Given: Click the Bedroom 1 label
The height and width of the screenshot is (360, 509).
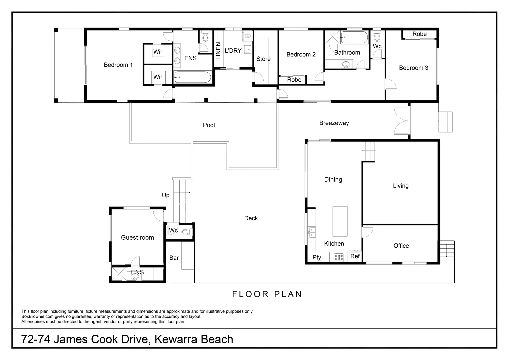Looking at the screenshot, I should click(118, 65).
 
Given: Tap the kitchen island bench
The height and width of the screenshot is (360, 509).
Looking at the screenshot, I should click(340, 221).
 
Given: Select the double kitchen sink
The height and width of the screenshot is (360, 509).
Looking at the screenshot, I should click(312, 232).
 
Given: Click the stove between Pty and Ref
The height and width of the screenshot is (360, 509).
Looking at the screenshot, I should click(339, 257).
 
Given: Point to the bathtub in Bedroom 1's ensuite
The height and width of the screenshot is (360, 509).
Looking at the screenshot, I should click(192, 78).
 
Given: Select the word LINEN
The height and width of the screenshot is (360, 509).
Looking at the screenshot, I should click(218, 51).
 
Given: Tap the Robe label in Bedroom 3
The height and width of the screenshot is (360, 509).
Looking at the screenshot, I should click(419, 34).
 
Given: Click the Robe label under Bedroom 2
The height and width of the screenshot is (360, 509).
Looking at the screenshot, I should click(294, 80).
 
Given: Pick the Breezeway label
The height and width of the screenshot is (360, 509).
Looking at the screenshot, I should click(334, 123).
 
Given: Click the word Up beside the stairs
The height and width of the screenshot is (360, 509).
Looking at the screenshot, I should click(166, 195).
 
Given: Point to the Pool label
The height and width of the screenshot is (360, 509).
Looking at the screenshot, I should click(209, 125).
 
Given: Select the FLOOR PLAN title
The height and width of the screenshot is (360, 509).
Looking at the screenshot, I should click(267, 294).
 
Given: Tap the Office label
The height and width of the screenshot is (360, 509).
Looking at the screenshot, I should click(401, 246).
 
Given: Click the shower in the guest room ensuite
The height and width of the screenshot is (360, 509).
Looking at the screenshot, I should click(119, 274).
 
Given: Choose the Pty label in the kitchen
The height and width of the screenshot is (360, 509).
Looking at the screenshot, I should click(317, 257).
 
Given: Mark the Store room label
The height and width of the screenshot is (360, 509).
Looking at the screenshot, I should click(263, 59).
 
